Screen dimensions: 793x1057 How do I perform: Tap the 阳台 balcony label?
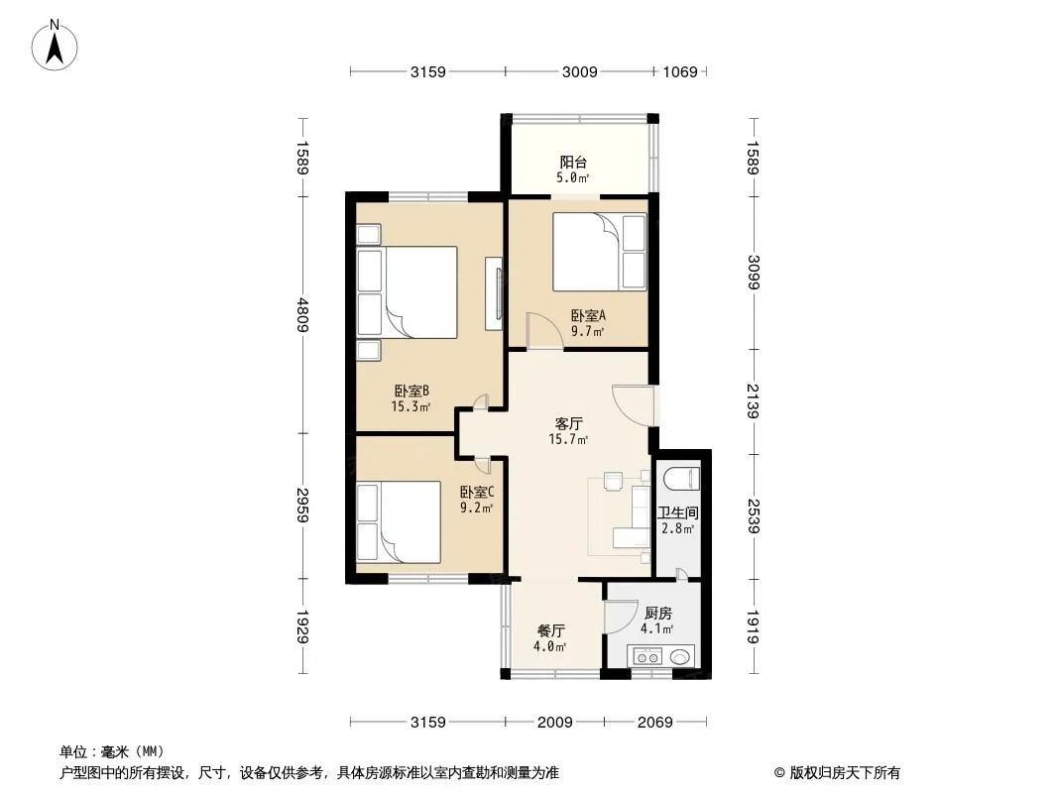tap(571, 163)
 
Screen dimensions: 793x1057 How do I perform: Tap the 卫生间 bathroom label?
tap(678, 513)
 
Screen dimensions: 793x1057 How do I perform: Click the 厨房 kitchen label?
tap(656, 614)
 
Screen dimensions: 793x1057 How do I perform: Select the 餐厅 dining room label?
tap(551, 631)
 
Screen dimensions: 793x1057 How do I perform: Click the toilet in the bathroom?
tap(681, 478)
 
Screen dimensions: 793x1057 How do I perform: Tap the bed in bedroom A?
tap(585, 248)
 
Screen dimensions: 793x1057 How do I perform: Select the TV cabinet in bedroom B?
tap(493, 294)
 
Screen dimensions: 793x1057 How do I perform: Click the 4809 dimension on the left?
tap(301, 314)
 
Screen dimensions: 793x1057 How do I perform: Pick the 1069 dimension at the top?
tap(680, 71)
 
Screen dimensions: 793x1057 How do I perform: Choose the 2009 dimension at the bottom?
tap(554, 722)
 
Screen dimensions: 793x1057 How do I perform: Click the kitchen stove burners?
tap(648, 656)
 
